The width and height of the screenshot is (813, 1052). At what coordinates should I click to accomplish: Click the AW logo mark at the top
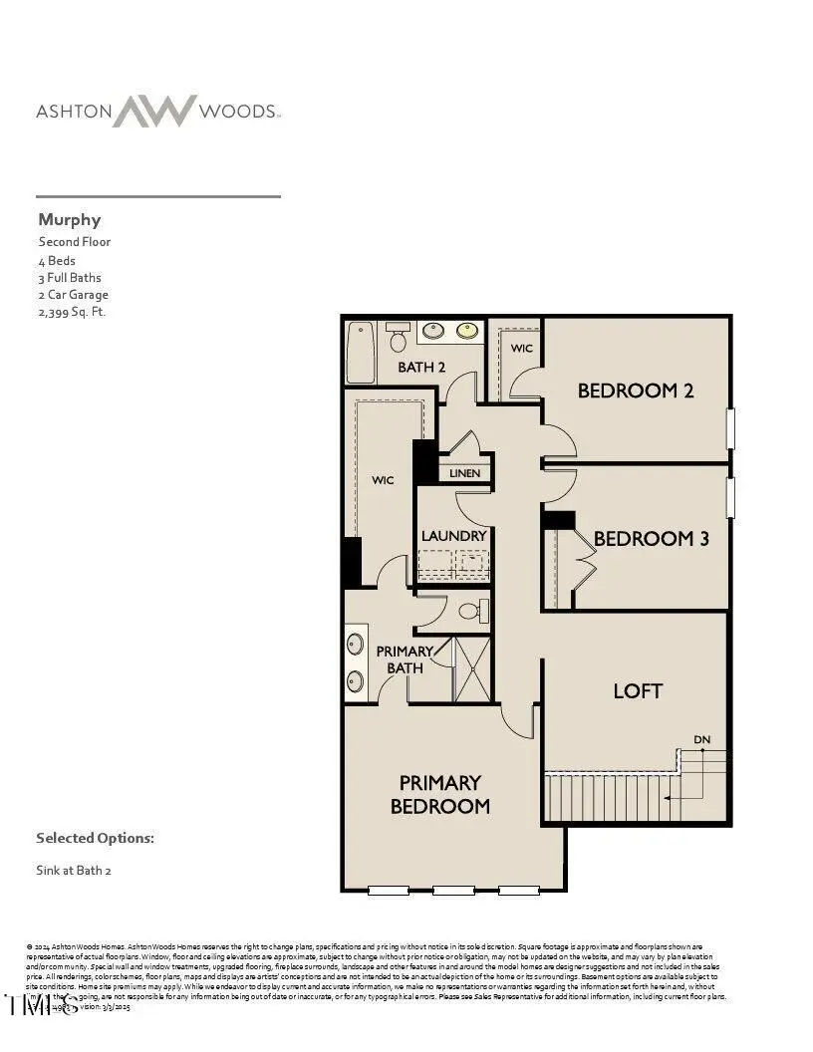tap(153, 111)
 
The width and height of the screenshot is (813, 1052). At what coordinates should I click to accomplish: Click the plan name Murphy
tap(70, 219)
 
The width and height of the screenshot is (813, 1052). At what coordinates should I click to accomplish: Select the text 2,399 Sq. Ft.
tap(72, 312)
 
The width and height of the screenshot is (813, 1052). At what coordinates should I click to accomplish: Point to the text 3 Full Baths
tap(70, 277)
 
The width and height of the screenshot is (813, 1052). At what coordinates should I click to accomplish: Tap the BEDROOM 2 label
tap(635, 392)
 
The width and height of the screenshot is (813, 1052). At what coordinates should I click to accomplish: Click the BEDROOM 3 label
tap(651, 539)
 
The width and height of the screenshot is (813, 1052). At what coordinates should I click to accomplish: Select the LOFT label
tap(638, 690)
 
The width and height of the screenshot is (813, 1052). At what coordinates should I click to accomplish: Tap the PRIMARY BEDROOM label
tap(440, 794)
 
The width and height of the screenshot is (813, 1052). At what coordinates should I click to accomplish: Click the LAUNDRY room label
tap(453, 536)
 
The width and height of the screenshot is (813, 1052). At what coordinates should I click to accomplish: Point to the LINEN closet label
tap(464, 473)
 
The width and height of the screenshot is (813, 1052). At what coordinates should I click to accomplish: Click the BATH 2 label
tap(421, 367)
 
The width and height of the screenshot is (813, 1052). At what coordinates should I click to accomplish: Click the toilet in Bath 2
tap(398, 339)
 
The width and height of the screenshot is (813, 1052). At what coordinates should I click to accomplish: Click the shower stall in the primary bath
tap(472, 667)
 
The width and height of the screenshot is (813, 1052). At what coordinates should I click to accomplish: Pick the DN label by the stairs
tap(702, 739)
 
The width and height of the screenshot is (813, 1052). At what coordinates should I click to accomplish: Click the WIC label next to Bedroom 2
tap(522, 349)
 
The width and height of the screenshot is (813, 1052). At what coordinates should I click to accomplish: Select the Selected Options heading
tap(95, 838)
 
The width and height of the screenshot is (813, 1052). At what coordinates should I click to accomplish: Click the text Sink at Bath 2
tap(74, 870)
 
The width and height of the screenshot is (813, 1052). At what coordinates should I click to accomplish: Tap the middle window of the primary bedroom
tap(453, 890)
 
